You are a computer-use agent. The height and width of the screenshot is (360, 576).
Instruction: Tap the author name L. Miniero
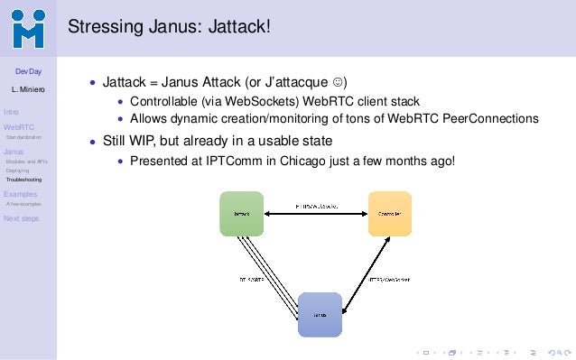[x=28, y=90]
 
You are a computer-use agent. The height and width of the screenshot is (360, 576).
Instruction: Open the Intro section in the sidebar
[x=11, y=111]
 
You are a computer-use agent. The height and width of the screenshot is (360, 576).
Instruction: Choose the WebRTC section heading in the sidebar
[x=18, y=128]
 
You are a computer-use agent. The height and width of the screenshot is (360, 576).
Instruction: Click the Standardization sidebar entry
[x=23, y=137]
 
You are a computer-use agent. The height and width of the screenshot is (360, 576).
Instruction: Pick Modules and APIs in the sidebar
[x=27, y=162]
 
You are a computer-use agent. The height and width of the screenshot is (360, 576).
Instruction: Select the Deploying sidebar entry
[x=17, y=171]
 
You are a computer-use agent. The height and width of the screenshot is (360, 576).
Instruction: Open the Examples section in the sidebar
[x=21, y=194]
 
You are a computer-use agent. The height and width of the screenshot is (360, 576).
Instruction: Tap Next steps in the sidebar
[x=21, y=218]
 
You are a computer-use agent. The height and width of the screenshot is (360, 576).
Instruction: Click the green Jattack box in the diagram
[x=242, y=214]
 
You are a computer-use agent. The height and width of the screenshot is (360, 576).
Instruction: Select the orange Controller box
[x=389, y=214]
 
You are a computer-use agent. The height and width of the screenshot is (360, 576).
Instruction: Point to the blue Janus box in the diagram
[x=320, y=315]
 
